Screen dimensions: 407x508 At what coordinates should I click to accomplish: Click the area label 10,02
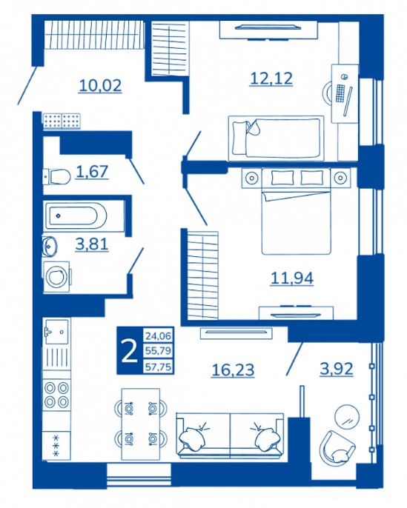[x=101, y=85]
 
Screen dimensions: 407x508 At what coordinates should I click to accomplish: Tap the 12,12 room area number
[x=271, y=78]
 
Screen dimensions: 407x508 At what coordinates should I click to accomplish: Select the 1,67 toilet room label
[x=92, y=171]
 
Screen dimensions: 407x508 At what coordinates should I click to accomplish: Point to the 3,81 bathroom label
[x=92, y=244]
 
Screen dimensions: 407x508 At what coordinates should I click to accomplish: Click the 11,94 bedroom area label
[x=292, y=278]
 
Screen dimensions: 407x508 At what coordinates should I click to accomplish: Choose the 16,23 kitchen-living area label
[x=233, y=370]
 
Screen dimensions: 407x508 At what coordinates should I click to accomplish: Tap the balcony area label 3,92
[x=337, y=369]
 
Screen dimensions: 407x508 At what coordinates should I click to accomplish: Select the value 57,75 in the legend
[x=158, y=368]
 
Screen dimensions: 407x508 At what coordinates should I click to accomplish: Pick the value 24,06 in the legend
[x=158, y=335]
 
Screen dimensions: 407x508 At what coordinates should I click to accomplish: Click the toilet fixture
[x=57, y=177]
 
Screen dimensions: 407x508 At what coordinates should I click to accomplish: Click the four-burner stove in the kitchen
[x=57, y=394]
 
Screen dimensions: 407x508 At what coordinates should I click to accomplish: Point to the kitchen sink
[x=56, y=332]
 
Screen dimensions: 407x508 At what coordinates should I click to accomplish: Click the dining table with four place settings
[x=141, y=424]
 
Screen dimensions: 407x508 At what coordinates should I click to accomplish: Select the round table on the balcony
[x=347, y=416]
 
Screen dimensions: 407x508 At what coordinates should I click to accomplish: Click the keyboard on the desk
[x=340, y=93]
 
